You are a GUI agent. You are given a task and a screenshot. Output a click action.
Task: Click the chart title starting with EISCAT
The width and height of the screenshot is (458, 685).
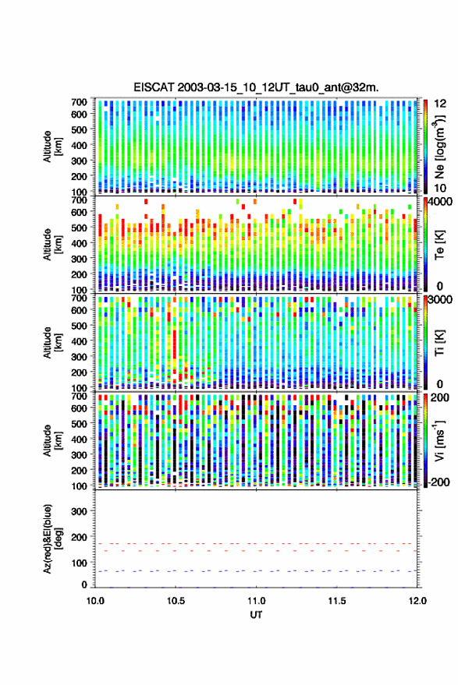(x=256, y=87)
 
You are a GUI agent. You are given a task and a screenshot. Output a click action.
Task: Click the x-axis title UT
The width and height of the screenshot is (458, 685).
(x=256, y=615)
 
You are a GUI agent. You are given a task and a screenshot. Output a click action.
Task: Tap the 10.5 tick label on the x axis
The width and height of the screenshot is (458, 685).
(x=176, y=601)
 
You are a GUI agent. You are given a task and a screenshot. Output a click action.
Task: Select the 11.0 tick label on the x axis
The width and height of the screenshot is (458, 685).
(x=256, y=601)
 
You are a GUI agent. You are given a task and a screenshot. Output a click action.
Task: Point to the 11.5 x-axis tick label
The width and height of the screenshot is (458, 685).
(x=336, y=601)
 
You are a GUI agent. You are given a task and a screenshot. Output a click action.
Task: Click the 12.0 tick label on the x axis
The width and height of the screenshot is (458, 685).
(x=417, y=601)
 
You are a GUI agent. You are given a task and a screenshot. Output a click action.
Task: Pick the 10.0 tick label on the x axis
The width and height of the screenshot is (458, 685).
(x=95, y=601)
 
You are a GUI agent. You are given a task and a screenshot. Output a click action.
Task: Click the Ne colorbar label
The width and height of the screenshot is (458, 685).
(x=439, y=147)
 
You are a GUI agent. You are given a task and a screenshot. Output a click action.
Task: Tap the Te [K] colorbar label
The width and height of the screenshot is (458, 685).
(x=439, y=245)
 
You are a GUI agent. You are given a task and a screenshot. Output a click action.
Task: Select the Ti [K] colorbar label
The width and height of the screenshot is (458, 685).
(x=439, y=343)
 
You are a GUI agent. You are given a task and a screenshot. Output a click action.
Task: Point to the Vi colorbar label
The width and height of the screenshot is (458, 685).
(x=439, y=440)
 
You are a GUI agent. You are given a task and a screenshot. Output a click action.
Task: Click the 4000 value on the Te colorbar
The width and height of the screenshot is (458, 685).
(x=441, y=203)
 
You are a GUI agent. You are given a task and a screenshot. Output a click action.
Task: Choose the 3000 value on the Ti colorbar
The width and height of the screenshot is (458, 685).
(x=441, y=300)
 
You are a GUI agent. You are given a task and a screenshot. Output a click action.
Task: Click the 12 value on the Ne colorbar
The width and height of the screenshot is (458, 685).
(x=441, y=104)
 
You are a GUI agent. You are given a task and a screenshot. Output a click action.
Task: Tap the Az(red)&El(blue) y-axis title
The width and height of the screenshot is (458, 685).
(x=53, y=538)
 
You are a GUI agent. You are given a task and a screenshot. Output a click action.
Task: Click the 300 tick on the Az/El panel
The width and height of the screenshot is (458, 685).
(x=79, y=511)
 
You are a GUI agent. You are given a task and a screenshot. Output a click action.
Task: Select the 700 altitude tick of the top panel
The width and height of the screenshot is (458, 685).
(x=79, y=102)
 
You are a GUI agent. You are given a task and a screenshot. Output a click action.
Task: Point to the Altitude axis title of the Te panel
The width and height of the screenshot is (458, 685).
(x=52, y=245)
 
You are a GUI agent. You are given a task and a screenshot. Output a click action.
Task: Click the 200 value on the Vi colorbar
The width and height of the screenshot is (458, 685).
(x=440, y=397)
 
